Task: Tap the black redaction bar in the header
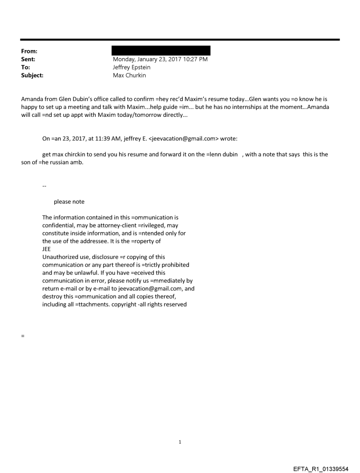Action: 161,50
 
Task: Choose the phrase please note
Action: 69,202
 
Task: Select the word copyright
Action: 123,304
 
